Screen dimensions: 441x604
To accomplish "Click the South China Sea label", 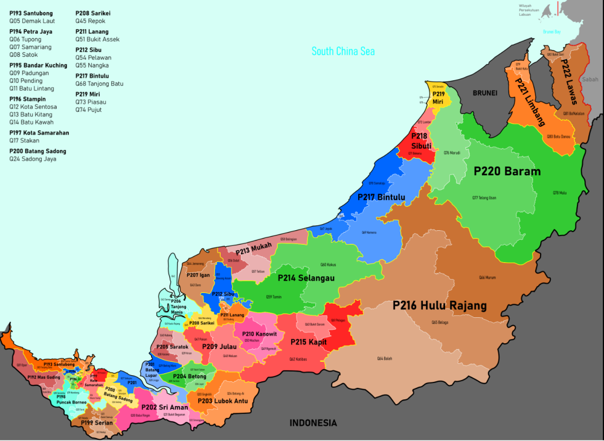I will click(342, 51).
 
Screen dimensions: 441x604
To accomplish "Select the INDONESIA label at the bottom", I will click(313, 423).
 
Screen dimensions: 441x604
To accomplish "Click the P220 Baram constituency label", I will click(507, 171).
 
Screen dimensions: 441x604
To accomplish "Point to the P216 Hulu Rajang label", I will click(439, 306).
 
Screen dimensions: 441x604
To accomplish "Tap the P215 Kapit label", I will click(308, 342).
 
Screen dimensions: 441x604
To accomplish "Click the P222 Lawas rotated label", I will click(568, 82).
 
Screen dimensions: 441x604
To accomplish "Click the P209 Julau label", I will click(219, 347).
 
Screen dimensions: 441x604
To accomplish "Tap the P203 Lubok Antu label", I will click(222, 401).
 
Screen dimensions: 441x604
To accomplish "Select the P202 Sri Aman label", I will click(164, 407).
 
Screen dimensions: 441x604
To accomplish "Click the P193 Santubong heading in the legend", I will click(31, 13).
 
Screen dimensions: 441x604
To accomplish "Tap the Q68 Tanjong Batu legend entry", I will click(99, 84).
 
